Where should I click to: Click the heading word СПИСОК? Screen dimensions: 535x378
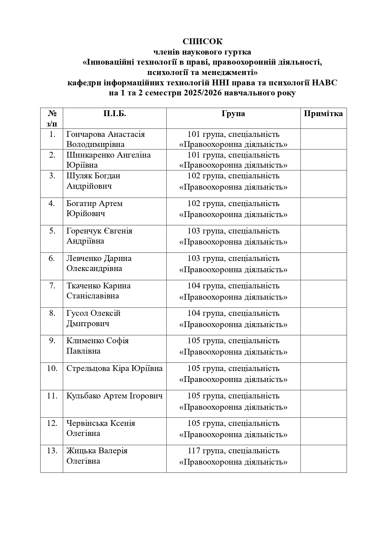click(x=202, y=41)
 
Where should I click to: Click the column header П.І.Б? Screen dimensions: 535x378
click(x=114, y=114)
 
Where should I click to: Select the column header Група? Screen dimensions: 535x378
click(x=233, y=114)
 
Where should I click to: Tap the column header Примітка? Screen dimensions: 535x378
click(x=323, y=114)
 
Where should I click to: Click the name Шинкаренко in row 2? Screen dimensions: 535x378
click(x=91, y=155)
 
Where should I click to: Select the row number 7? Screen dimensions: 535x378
click(x=52, y=286)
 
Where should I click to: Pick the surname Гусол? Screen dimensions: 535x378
click(x=77, y=313)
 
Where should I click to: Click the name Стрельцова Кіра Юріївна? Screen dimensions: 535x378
click(x=114, y=369)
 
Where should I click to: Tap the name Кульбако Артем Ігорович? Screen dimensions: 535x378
click(x=114, y=396)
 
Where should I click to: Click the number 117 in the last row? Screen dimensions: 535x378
click(x=193, y=451)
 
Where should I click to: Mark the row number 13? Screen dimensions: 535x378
click(x=52, y=451)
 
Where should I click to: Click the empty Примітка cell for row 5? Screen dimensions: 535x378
click(x=323, y=239)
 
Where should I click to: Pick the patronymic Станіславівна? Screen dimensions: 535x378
click(x=93, y=296)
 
